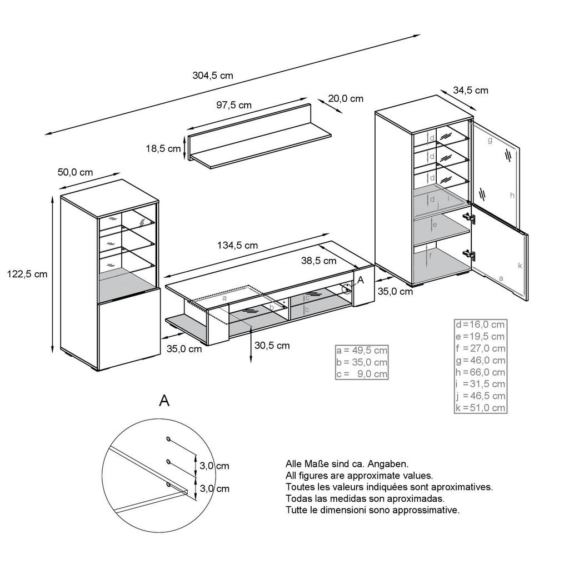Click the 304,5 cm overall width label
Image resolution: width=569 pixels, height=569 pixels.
(x=212, y=76)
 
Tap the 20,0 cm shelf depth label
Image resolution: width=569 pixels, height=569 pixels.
(x=345, y=98)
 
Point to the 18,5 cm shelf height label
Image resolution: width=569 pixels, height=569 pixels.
(x=163, y=148)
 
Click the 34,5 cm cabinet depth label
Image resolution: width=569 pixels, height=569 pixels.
(x=470, y=90)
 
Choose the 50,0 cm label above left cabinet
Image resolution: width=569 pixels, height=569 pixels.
(x=75, y=172)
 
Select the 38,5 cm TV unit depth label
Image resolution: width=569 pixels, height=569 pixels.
(x=318, y=260)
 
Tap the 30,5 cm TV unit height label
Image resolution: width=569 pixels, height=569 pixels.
(x=272, y=345)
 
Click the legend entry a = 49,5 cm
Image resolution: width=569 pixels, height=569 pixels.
(x=362, y=351)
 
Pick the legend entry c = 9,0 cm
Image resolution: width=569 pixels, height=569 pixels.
(x=362, y=374)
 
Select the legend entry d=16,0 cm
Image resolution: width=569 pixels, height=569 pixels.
(x=480, y=325)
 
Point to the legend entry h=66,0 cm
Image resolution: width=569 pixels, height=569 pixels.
(x=480, y=372)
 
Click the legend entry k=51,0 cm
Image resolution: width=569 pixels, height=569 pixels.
(x=480, y=408)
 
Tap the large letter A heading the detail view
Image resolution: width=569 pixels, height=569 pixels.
(x=164, y=401)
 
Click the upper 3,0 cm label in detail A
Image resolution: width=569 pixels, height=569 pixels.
(x=214, y=466)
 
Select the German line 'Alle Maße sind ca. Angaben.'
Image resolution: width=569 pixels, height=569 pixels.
(x=347, y=463)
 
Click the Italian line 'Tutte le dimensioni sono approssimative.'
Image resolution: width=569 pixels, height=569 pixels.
(x=372, y=510)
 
